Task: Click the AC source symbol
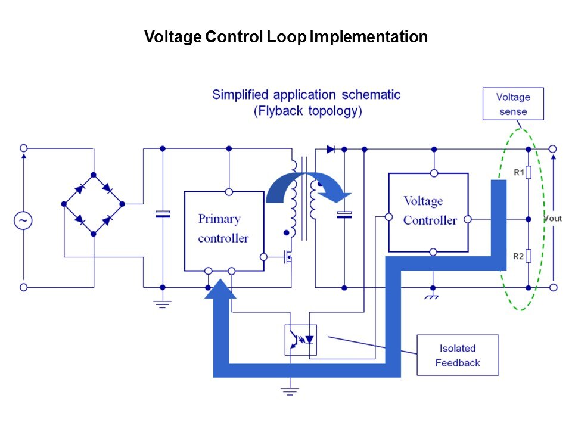[23, 221]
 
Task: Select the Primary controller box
[223, 230]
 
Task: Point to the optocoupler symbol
[301, 340]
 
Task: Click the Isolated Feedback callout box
[457, 355]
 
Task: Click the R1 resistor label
[518, 173]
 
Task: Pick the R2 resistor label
[518, 257]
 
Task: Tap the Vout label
[553, 219]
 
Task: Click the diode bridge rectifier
[93, 204]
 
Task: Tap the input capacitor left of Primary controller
[162, 214]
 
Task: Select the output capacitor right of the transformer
[344, 214]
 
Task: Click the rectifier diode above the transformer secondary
[331, 149]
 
